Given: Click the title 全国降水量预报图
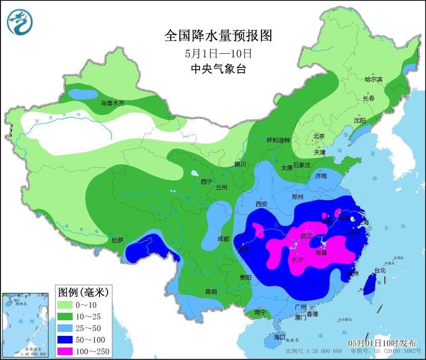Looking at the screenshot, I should click(x=217, y=36).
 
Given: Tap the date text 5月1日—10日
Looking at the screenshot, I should click(x=218, y=53).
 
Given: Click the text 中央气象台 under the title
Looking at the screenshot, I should click(x=218, y=69).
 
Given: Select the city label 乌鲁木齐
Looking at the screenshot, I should click(x=112, y=103).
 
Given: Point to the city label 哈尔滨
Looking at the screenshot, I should click(x=373, y=79).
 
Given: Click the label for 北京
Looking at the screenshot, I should click(x=319, y=136).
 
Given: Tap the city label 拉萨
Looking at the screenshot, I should click(x=117, y=240).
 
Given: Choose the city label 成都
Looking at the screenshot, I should click(x=223, y=239).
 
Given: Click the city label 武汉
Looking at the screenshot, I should click(x=306, y=236).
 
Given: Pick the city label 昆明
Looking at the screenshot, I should click(x=211, y=291).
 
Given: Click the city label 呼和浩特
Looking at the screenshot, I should click(x=278, y=140).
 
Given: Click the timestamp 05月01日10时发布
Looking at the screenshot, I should click(x=382, y=343).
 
